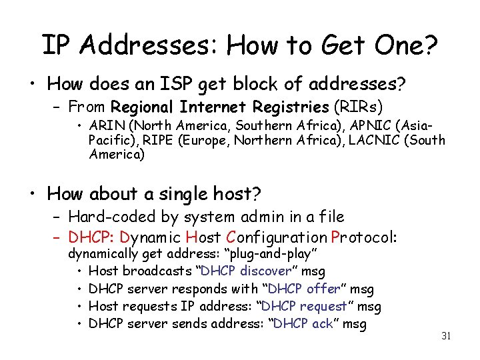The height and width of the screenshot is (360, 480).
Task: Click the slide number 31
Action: tap(446, 336)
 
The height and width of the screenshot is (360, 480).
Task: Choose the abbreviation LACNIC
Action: tap(374, 141)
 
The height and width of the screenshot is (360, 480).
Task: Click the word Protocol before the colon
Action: tap(361, 237)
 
